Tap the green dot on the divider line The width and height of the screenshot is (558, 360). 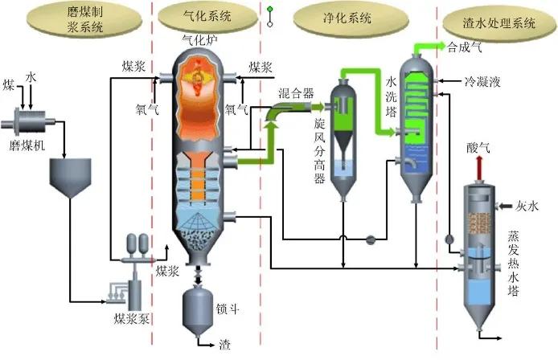270,10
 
